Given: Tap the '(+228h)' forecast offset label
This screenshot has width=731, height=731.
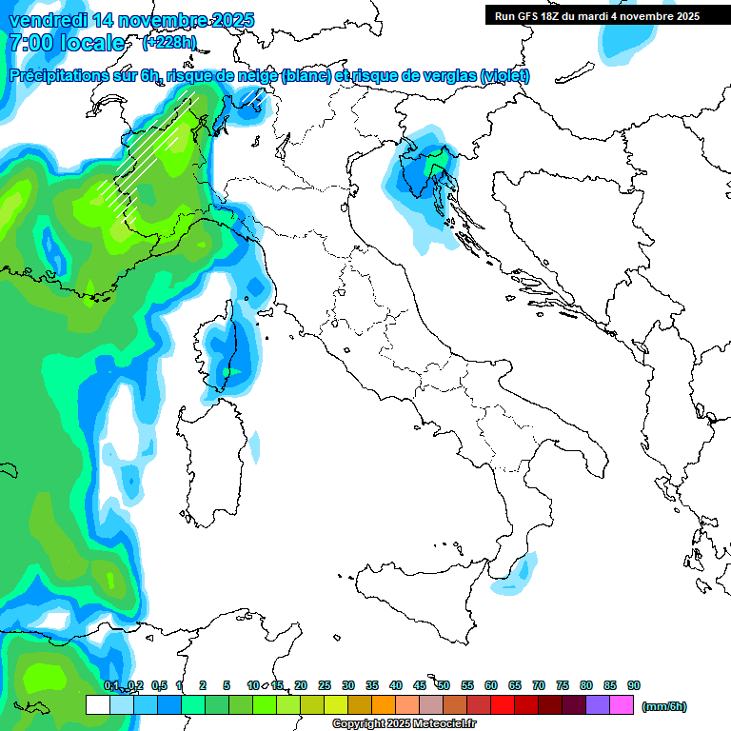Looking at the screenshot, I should pos(168,42).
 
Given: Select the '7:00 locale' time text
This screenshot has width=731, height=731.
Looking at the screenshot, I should pos(67,43).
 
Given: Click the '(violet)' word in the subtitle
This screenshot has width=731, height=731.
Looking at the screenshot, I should pos(505,76).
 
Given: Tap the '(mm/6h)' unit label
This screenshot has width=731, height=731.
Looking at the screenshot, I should pos(663,706).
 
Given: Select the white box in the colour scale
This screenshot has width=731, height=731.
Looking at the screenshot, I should pos(96,705).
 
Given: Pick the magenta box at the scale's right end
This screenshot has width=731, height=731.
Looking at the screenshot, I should pos(622,705).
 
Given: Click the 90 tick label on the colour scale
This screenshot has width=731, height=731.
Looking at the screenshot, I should pos(634,685).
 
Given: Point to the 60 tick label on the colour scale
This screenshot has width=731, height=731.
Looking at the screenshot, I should pos(491,685).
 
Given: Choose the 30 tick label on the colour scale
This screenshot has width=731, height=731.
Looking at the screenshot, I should pos(348,685).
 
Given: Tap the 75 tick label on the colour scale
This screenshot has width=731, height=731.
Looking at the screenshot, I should pos(563,685).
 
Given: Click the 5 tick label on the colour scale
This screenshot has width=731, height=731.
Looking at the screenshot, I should pos(227,685).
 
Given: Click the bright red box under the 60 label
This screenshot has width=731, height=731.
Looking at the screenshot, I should pos(502,705).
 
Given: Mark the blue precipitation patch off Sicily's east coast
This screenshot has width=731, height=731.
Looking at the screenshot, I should pos(520,573).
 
